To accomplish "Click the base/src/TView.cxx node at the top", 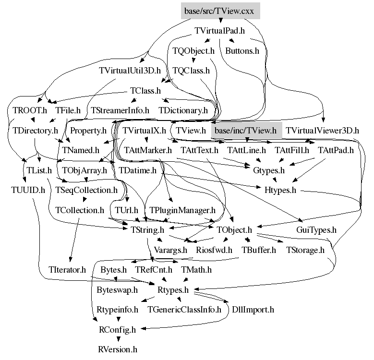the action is [x=220, y=11].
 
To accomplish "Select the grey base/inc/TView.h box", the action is [x=246, y=131].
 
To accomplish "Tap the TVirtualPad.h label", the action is [x=219, y=31].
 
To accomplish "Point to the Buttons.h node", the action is [x=242, y=51].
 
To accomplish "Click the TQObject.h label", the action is [x=193, y=51].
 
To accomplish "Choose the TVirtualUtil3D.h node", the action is [x=130, y=71].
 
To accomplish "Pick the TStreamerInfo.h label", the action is [x=120, y=110].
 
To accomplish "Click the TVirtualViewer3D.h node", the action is [x=322, y=131].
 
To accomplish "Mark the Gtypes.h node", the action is [x=269, y=170].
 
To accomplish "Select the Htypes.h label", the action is [x=280, y=190].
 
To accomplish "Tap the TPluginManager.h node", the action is [x=182, y=210].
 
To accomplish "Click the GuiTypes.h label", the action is [x=316, y=230].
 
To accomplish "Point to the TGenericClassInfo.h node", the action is [x=184, y=310].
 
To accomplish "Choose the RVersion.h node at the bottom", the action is [x=118, y=349].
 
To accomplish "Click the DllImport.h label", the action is [x=253, y=310].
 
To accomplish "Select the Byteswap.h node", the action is [x=117, y=289].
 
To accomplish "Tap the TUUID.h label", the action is [x=28, y=190].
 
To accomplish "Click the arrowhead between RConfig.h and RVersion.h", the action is [x=118, y=339].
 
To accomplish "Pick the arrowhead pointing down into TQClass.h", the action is [x=193, y=60].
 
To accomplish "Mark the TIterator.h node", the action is [x=67, y=270].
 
